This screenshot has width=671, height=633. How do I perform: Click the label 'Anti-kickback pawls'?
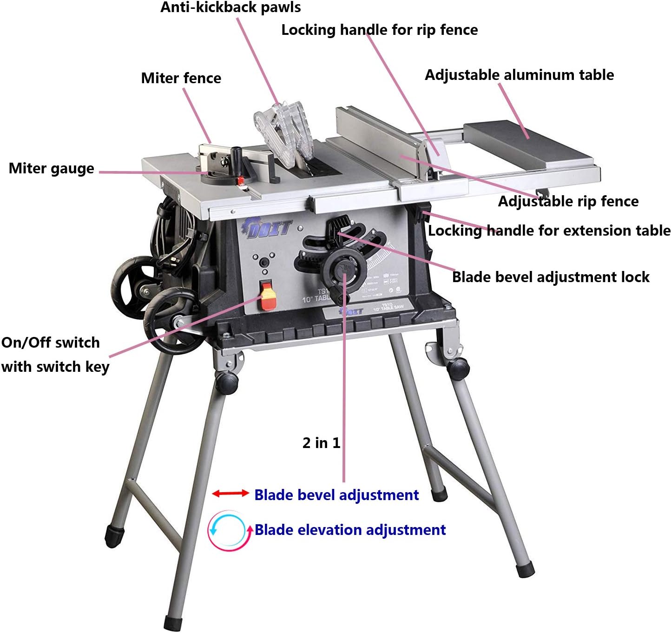230,8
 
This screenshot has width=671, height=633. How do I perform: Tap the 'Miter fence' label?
181,78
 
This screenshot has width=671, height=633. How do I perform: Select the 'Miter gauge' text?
51,168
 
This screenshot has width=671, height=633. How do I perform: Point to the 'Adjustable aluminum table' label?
519,75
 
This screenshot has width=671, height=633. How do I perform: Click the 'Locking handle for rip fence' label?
379,30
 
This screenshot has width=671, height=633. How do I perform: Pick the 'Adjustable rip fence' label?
568,201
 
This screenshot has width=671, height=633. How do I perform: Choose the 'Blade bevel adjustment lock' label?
550,277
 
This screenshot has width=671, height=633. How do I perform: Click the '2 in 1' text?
321,443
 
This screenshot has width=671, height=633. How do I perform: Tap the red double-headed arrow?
230,494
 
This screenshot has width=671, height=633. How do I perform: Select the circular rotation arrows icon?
227,530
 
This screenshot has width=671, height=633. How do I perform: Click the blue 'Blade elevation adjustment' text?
350,530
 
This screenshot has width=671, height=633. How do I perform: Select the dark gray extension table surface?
530,144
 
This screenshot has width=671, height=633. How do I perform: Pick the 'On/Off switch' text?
50,343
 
